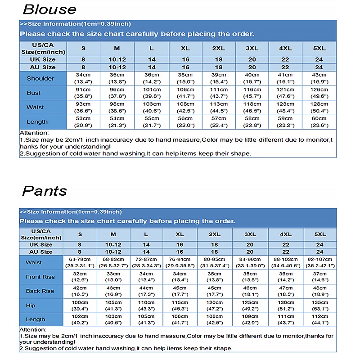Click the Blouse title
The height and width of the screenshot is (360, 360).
[49, 9]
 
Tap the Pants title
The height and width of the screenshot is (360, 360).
[45, 190]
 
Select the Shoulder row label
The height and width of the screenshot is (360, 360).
[40, 78]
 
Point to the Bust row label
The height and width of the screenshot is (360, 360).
[33, 93]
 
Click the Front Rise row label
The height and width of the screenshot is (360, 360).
[40, 277]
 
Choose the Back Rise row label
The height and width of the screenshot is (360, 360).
[40, 291]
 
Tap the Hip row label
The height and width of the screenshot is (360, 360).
[31, 305]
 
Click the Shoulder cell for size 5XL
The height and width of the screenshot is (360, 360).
[319, 78]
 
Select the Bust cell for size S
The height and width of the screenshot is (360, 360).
[83, 93]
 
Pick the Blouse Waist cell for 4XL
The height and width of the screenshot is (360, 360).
[285, 107]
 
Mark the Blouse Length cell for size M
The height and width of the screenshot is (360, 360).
[117, 121]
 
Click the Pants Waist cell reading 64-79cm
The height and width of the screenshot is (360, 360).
[80, 262]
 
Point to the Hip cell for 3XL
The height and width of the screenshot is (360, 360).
[250, 305]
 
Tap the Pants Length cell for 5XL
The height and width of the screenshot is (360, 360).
[320, 319]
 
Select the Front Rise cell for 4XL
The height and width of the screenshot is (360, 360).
[285, 277]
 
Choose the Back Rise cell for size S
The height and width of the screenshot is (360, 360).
[80, 291]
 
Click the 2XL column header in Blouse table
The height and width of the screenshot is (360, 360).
[218, 48]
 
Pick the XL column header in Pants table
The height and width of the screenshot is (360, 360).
[180, 234]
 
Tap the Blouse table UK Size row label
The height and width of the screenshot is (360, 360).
[43, 59]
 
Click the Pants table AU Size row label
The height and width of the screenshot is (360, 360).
[41, 252]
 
